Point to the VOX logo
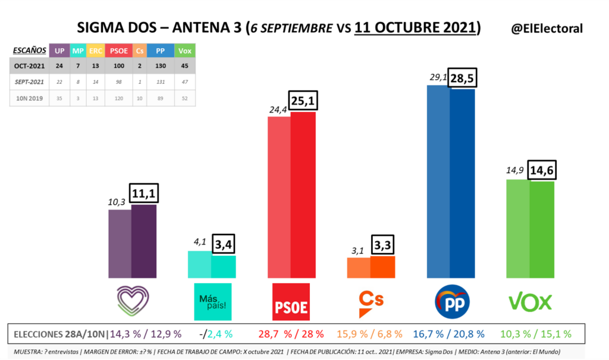pyautogui.click(x=530, y=302)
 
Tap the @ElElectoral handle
pyautogui.click(x=547, y=28)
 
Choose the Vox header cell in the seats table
pyautogui.click(x=186, y=51)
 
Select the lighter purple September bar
pyautogui.click(x=120, y=244)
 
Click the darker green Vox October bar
pyautogui.click(x=542, y=229)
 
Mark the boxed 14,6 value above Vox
pyautogui.click(x=542, y=170)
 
